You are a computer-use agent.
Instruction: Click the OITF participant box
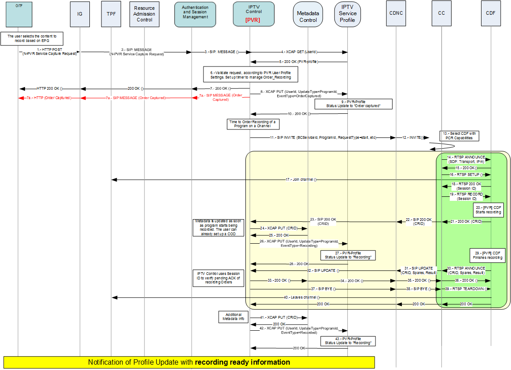18,14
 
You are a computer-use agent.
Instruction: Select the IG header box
80,14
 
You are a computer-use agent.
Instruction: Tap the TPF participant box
111,14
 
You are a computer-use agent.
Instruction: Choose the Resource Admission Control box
144,14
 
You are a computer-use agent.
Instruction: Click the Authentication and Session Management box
195,14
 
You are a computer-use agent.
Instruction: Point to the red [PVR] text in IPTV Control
253,20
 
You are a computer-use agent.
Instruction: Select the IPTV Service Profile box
347,14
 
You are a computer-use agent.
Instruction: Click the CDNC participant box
396,13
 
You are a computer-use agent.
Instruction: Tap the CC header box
441,13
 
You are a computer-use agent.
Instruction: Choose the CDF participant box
490,13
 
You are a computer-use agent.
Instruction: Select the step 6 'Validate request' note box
251,74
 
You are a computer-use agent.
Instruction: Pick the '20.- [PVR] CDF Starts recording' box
489,210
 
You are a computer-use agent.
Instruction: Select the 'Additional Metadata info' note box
232,317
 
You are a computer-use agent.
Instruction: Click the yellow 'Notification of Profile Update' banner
189,362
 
